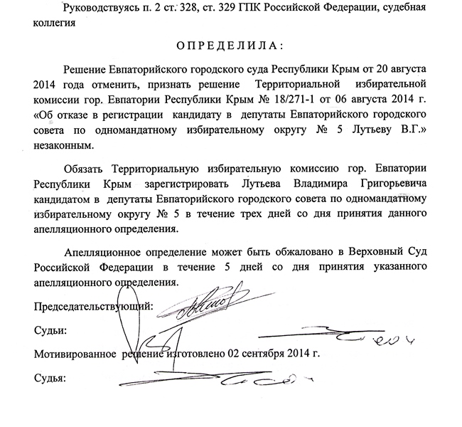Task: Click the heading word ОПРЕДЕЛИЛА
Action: (x=232, y=45)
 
